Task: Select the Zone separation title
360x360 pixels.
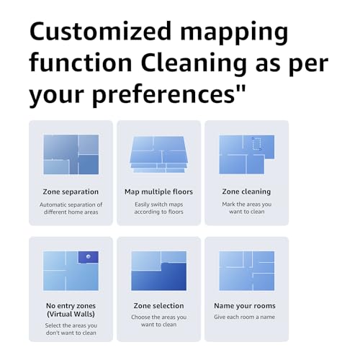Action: pyautogui.click(x=71, y=192)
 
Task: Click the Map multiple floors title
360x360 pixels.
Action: pyautogui.click(x=158, y=192)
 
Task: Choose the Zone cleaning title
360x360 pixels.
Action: pyautogui.click(x=246, y=192)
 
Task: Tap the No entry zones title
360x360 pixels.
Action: pyautogui.click(x=71, y=305)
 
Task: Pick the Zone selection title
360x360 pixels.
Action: pyautogui.click(x=158, y=305)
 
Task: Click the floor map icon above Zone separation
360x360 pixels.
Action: pyautogui.click(x=71, y=154)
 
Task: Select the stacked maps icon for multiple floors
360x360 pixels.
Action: pyautogui.click(x=158, y=154)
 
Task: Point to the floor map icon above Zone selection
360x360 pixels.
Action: pyautogui.click(x=158, y=270)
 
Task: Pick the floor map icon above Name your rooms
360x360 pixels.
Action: pyautogui.click(x=246, y=270)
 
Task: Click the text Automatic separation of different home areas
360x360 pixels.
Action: pyautogui.click(x=71, y=209)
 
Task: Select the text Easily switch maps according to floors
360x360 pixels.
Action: pyautogui.click(x=158, y=209)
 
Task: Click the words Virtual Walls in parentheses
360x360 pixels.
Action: pyautogui.click(x=71, y=314)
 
